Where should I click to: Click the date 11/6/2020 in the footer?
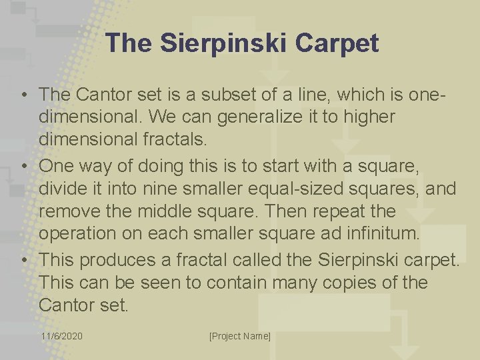click(61, 336)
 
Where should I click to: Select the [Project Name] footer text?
click(240, 336)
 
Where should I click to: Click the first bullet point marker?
click(23, 95)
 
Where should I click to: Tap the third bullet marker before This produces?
click(23, 259)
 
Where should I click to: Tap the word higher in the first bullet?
click(366, 117)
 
